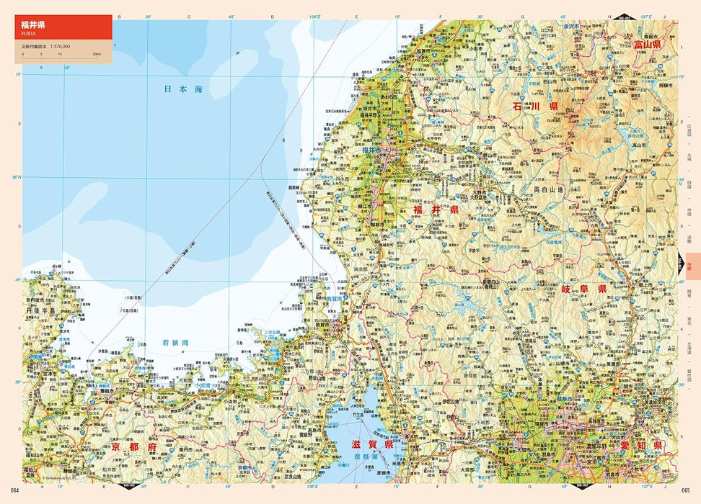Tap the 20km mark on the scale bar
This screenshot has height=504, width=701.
(97, 55)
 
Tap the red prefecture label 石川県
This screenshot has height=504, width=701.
(535, 106)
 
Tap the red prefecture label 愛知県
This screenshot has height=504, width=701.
(640, 446)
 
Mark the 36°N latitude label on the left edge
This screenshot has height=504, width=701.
(17, 176)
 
